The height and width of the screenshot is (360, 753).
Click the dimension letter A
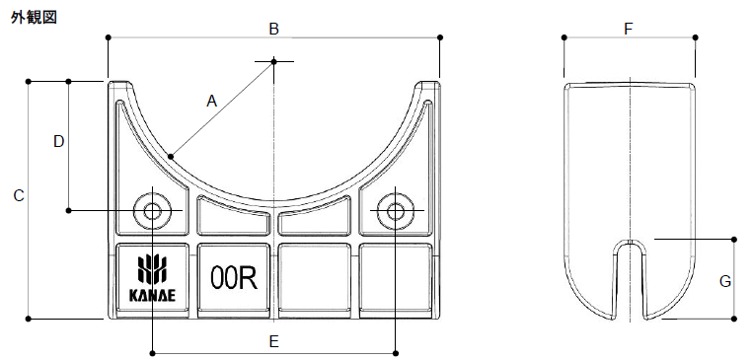click(x=212, y=102)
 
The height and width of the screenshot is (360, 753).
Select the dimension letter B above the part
click(x=273, y=29)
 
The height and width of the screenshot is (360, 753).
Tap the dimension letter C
click(x=19, y=196)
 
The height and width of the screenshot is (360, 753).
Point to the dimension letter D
click(x=58, y=142)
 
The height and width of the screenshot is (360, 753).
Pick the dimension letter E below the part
click(x=273, y=342)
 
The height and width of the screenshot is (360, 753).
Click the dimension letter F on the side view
click(x=628, y=29)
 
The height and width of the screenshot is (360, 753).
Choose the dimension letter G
click(x=724, y=281)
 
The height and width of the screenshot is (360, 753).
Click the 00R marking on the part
click(x=234, y=278)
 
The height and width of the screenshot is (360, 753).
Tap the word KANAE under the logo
click(x=152, y=296)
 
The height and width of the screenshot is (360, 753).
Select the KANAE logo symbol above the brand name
click(x=152, y=270)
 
